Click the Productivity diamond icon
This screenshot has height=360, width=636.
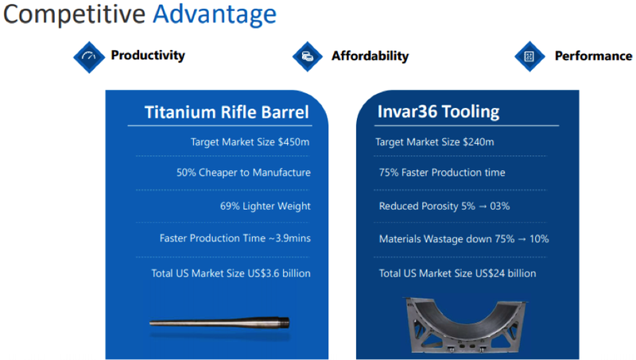[88, 56]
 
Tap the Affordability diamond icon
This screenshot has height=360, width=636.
[307, 56]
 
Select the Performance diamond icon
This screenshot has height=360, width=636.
[529, 56]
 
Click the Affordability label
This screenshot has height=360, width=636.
[370, 56]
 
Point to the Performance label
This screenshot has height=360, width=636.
[593, 56]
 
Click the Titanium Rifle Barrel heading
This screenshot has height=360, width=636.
[227, 112]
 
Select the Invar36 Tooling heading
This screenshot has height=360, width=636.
[438, 112]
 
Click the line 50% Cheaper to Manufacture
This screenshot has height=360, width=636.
[243, 172]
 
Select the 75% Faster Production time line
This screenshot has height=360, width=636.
[442, 172]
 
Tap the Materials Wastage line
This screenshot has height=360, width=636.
[463, 238]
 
